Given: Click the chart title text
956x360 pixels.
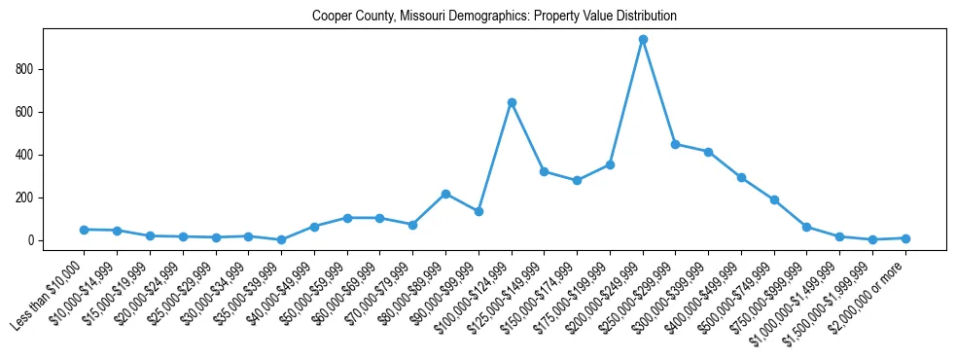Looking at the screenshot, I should coord(494,17).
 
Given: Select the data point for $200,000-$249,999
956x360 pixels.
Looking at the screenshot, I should coord(643,40).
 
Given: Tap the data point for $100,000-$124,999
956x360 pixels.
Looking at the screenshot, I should coord(512,102).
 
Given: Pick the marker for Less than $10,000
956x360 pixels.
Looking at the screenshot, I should coord(85,230).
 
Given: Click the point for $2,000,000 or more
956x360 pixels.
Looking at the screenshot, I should coord(905,238).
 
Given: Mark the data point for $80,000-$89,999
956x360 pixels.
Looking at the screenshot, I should coord(445,194).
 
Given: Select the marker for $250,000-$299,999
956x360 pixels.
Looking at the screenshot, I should coord(676,144).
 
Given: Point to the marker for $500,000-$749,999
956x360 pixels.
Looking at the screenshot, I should coord(774,199).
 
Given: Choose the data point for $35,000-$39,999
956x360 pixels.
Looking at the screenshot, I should coord(281,239).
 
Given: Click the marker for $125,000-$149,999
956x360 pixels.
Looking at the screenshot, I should coord(545,171).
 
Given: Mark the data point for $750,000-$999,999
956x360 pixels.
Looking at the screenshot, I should coord(807,227).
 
